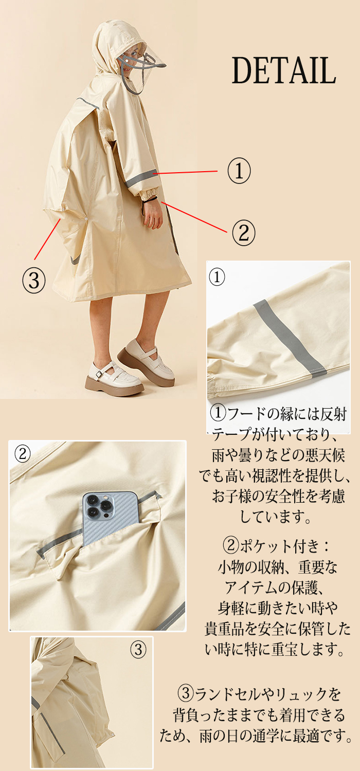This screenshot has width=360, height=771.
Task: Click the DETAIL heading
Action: [284, 70]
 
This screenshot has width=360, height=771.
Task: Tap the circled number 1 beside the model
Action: [239, 170]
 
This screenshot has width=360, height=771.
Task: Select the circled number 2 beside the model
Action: [244, 233]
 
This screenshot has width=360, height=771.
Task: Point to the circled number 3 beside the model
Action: [34, 280]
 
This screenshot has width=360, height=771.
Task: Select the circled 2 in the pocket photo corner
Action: [23, 454]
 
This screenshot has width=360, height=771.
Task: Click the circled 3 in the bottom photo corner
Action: [138, 650]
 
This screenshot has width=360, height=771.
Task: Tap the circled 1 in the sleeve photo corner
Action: [217, 277]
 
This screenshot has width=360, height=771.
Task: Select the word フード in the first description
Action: [246, 414]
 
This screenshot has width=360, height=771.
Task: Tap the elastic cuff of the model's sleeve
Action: [150, 194]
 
